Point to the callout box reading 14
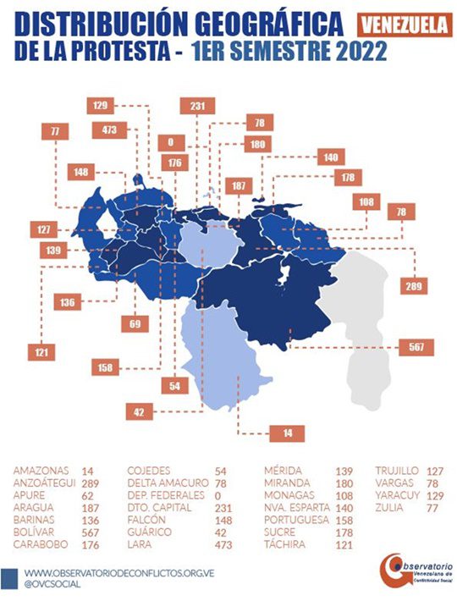287,433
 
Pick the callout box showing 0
170,142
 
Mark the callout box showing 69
135,323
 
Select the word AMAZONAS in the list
41,469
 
